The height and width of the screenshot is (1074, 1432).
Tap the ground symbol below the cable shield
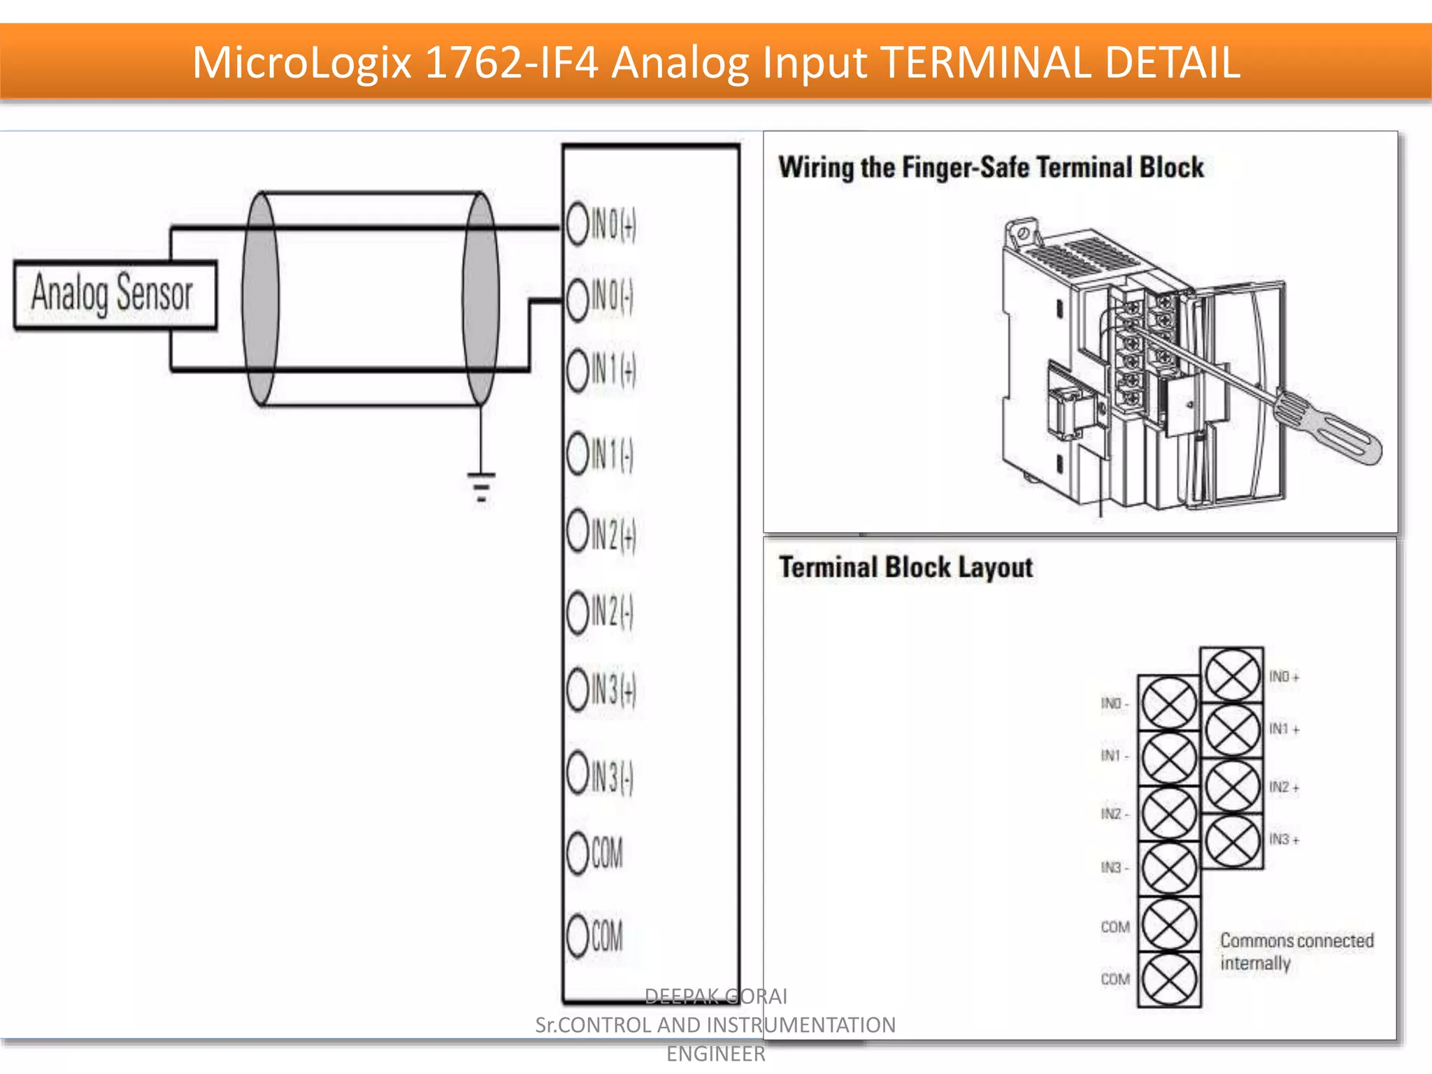coord(481,485)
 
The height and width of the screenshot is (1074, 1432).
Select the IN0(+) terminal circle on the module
coord(578,224)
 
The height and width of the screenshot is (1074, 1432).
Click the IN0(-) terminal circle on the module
coord(578,299)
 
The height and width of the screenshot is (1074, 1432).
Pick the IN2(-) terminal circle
coord(578,613)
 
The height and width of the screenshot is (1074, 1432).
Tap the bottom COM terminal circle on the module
coord(578,936)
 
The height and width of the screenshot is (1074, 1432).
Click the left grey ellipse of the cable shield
coord(260,299)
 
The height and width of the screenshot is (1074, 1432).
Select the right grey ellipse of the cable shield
coord(481,299)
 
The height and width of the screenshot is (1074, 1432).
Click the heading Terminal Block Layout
coord(905,567)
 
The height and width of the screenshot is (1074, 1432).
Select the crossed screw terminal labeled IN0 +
coord(1231,675)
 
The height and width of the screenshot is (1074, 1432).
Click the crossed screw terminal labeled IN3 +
coord(1231,841)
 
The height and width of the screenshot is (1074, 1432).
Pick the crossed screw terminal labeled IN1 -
coord(1168,758)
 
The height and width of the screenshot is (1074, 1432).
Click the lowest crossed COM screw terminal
coord(1168,979)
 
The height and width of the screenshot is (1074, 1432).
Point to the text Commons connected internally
coord(1296,952)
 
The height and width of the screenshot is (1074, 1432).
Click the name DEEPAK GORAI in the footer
coord(715,996)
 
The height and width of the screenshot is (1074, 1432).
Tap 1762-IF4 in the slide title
coord(511,62)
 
